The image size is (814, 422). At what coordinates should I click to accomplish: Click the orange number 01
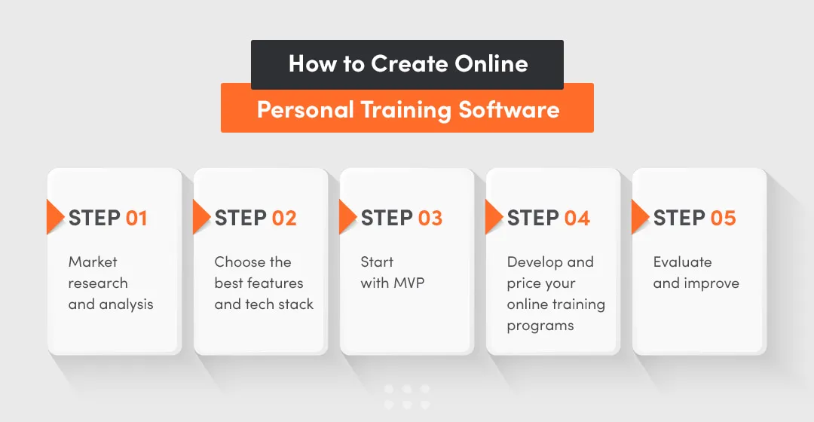(x=136, y=219)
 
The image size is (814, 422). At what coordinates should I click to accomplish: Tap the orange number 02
(x=284, y=219)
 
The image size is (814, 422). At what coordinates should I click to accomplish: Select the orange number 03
(x=430, y=219)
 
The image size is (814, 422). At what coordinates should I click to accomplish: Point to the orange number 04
(x=577, y=219)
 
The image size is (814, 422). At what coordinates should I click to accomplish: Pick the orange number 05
(x=723, y=219)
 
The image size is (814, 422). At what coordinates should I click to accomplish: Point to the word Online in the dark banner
(x=491, y=64)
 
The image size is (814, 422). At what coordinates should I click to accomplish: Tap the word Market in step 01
(x=93, y=262)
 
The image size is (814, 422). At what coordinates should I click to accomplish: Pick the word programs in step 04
(x=540, y=326)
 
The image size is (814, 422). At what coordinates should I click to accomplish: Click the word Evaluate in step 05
(x=682, y=262)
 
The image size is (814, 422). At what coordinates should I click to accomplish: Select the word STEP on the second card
(x=240, y=219)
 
